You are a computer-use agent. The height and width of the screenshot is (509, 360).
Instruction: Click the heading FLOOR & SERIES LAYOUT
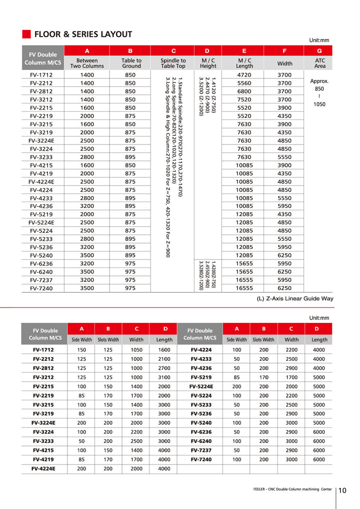83,34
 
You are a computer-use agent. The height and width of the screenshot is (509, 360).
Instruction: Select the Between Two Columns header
87,63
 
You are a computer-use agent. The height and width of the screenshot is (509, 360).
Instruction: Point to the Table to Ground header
130,63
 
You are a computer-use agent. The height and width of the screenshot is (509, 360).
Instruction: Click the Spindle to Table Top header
173,63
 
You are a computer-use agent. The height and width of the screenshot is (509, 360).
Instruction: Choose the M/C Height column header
208,63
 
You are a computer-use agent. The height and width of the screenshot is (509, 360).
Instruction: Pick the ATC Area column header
319,63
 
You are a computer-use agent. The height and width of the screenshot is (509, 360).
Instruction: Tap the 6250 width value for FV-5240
284,255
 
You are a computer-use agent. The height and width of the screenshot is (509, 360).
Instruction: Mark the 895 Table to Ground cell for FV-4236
130,206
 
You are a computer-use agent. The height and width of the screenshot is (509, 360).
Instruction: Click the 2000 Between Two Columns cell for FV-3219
87,132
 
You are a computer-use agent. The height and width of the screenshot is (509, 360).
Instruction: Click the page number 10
342,490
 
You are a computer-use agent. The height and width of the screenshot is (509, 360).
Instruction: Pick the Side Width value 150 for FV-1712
81,350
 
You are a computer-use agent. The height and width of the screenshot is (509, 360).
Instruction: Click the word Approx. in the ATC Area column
319,80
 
